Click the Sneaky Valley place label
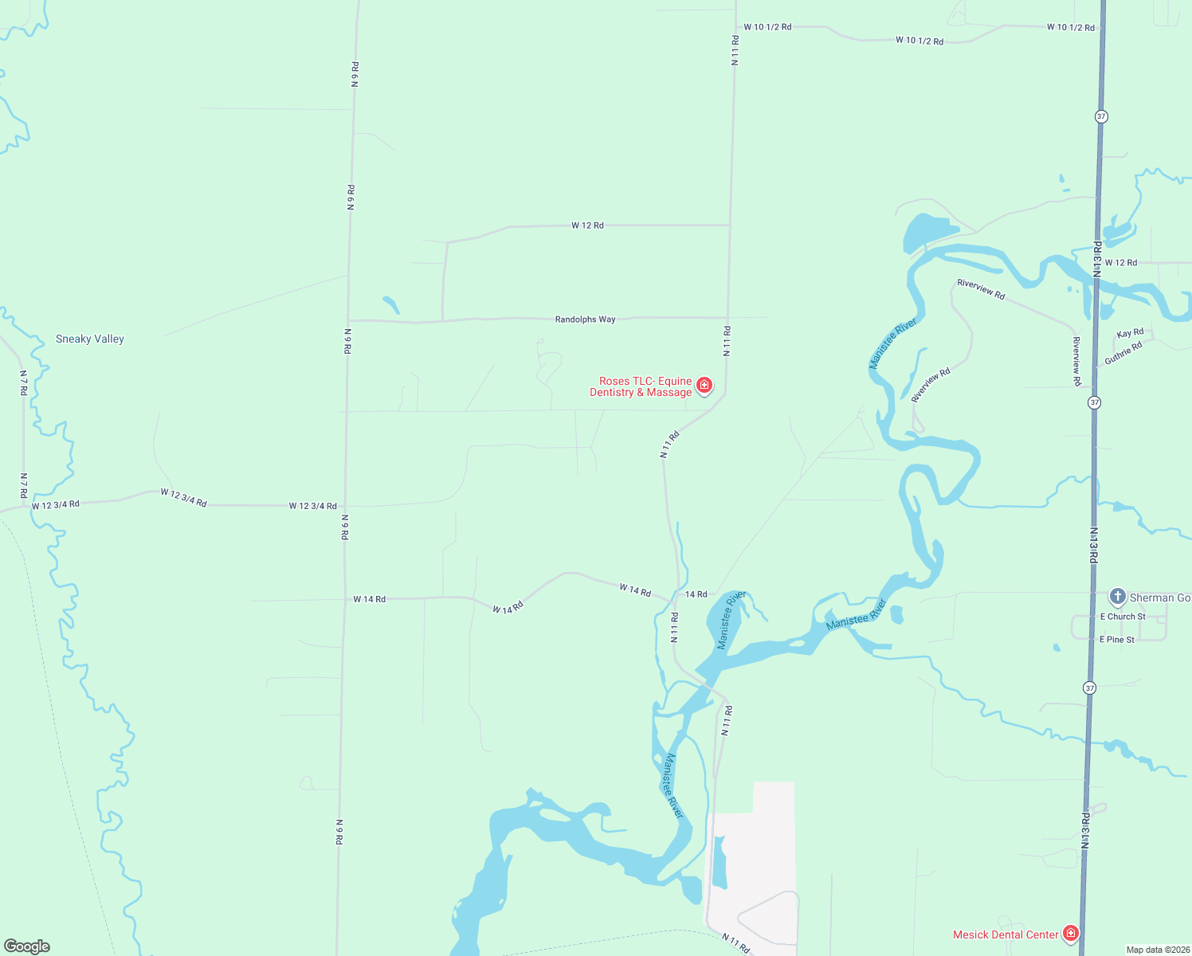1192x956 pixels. [90, 339]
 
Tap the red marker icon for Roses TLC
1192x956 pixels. [704, 386]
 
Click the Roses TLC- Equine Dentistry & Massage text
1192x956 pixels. [641, 386]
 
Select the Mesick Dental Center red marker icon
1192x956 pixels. [1071, 933]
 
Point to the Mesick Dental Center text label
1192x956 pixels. [1006, 934]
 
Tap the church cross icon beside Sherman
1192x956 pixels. [1118, 596]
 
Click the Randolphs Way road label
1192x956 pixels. [585, 319]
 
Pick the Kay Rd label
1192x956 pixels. [1130, 333]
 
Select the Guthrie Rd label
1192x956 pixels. [1123, 353]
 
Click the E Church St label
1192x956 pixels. [1123, 617]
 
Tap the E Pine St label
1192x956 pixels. [1117, 640]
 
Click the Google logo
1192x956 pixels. [27, 946]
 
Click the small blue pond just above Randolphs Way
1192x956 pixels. [390, 304]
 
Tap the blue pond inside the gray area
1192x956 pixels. [719, 862]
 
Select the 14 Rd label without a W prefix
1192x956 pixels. [696, 594]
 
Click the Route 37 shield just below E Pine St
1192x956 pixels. [1089, 688]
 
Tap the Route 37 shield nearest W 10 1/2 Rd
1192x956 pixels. [1101, 116]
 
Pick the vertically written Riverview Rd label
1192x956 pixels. [1076, 361]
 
